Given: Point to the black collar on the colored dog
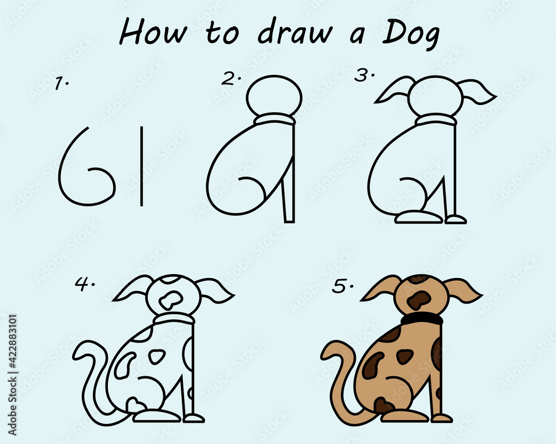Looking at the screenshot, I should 421,319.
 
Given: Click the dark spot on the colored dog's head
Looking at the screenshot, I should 419,300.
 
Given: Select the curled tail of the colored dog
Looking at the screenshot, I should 339,383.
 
